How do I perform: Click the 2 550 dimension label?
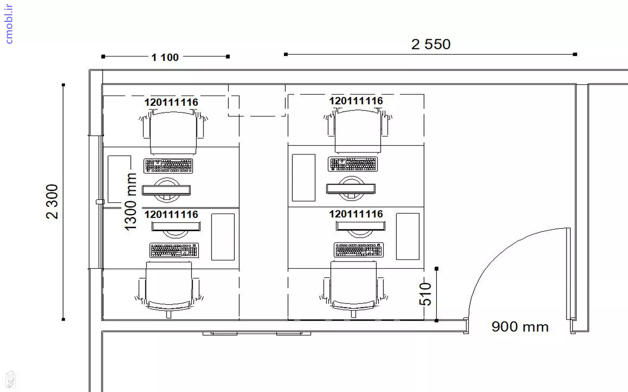pos(431,44)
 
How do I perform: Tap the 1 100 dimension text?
pos(165,57)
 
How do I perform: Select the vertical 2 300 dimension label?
pos(52,201)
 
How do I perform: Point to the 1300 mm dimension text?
pos(130,202)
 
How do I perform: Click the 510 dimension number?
pos(425,294)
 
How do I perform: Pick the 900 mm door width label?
pos(520,327)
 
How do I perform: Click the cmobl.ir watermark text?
pos(9,24)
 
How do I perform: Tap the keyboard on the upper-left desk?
pos(168,166)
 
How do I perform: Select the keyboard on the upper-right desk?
pos(353,164)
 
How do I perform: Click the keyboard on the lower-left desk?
pos(174,250)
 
